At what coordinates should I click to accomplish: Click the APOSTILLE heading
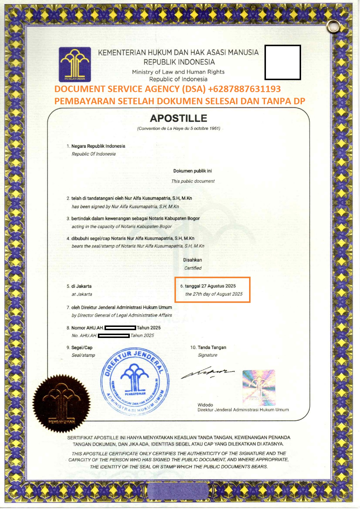pyautogui.click(x=179, y=118)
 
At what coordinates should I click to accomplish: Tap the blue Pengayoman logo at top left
pyautogui.click(x=75, y=64)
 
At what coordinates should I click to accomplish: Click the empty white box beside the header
pyautogui.click(x=282, y=62)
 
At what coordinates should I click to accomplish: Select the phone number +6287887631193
pyautogui.click(x=244, y=89)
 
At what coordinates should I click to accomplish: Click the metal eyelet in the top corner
pyautogui.click(x=333, y=27)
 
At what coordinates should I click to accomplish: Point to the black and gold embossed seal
pyautogui.click(x=61, y=403)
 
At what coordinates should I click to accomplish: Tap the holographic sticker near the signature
pyautogui.click(x=259, y=388)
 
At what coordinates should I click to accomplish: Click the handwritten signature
pyautogui.click(x=207, y=373)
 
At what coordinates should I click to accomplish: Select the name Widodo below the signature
pyautogui.click(x=205, y=405)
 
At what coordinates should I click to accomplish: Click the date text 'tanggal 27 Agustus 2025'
pyautogui.click(x=210, y=286)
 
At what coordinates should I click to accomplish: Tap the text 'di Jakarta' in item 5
pyautogui.click(x=81, y=286)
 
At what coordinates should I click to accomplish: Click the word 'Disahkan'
pyautogui.click(x=192, y=260)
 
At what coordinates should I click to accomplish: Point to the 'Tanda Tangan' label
pyautogui.click(x=212, y=347)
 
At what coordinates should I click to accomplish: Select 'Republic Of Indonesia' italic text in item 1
pyautogui.click(x=93, y=154)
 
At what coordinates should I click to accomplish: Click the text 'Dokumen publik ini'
pyautogui.click(x=192, y=171)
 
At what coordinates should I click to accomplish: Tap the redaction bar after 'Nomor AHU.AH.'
pyautogui.click(x=120, y=328)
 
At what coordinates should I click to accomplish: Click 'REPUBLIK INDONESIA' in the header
pyautogui.click(x=179, y=62)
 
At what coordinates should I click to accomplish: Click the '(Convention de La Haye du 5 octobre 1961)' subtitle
pyautogui.click(x=179, y=128)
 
